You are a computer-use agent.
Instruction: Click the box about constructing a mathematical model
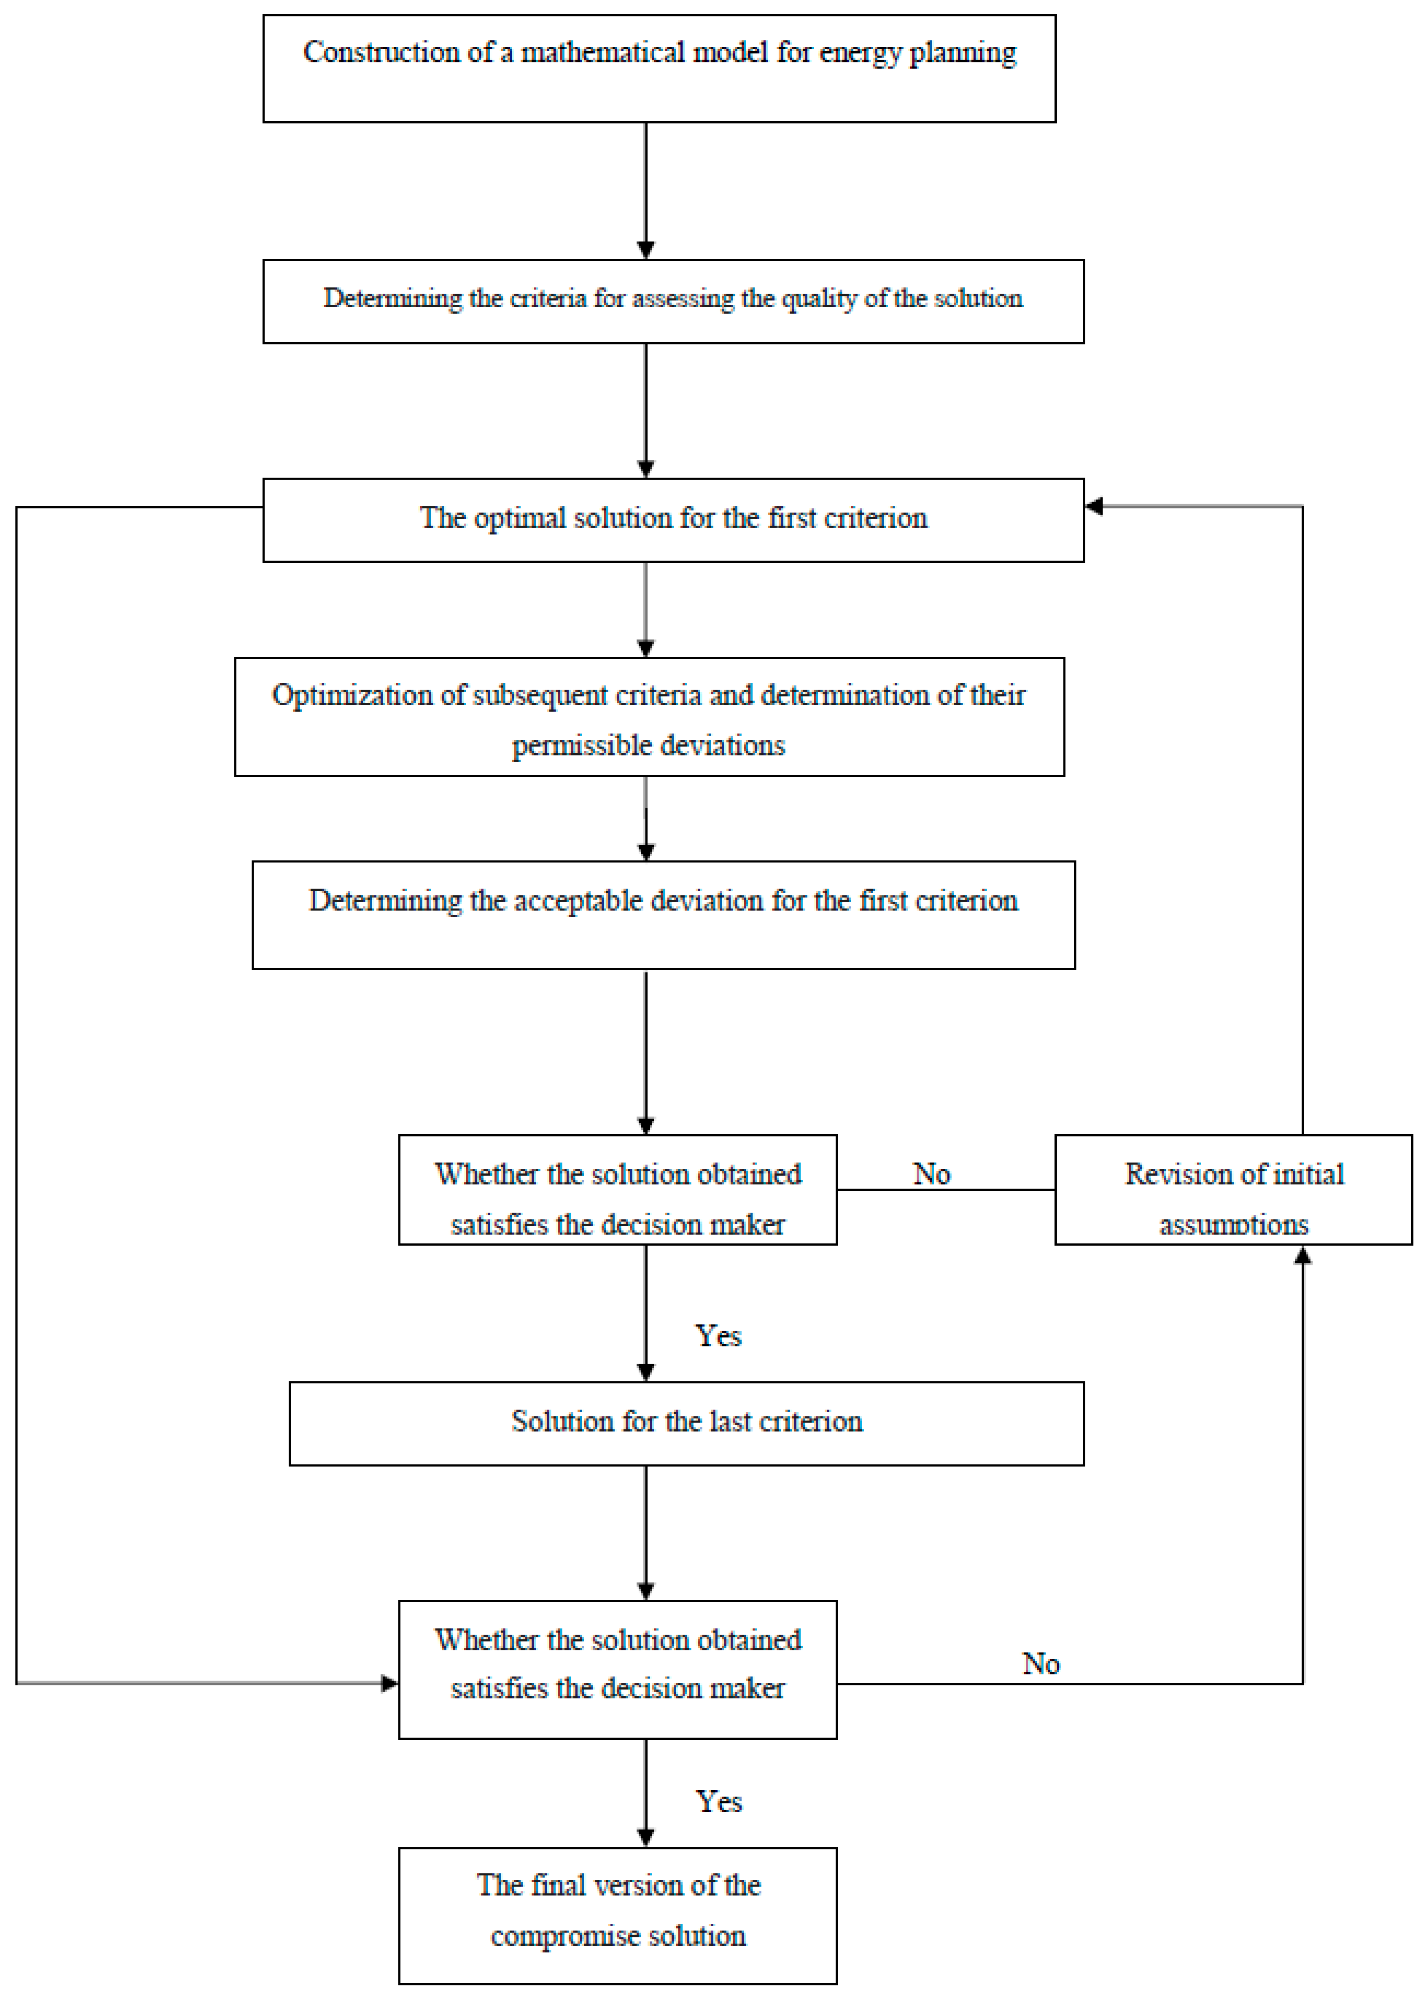coord(659,68)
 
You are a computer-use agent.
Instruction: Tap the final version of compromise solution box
coord(617,1915)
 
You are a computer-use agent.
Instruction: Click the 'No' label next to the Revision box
coord(931,1174)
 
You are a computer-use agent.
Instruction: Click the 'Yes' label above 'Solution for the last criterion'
coord(718,1335)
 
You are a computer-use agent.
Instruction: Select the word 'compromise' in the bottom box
coord(565,1935)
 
